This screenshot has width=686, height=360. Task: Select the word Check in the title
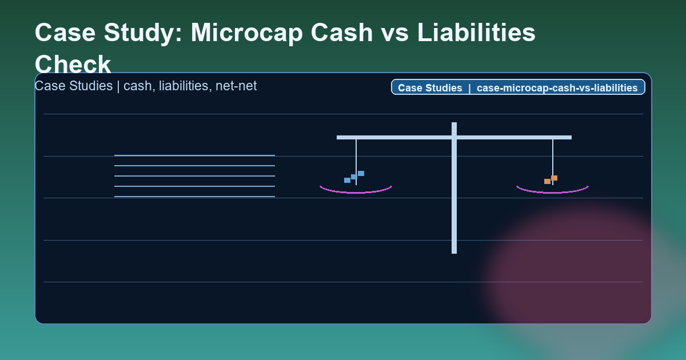pyautogui.click(x=73, y=64)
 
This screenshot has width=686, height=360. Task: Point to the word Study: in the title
pyautogui.click(x=144, y=33)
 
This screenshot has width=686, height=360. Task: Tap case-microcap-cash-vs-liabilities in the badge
pyautogui.click(x=557, y=88)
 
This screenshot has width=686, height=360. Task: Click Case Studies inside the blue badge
pyautogui.click(x=430, y=88)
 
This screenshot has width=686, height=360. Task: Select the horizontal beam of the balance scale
pyautogui.click(x=400, y=137)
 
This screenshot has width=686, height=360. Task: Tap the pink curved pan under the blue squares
pyautogui.click(x=356, y=192)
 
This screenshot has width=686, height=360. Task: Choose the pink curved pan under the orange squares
pyautogui.click(x=552, y=192)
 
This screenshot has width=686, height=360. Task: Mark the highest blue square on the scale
pyautogui.click(x=361, y=173)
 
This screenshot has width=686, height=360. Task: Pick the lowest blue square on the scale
pyautogui.click(x=347, y=180)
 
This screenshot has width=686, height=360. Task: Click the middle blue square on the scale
pyautogui.click(x=354, y=177)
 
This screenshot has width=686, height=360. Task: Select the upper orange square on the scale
pyautogui.click(x=554, y=178)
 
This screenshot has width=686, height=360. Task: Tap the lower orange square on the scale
pyautogui.click(x=547, y=181)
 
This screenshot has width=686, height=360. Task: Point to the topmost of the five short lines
pyautogui.click(x=194, y=155)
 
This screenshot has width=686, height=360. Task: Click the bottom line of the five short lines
pyautogui.click(x=194, y=197)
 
